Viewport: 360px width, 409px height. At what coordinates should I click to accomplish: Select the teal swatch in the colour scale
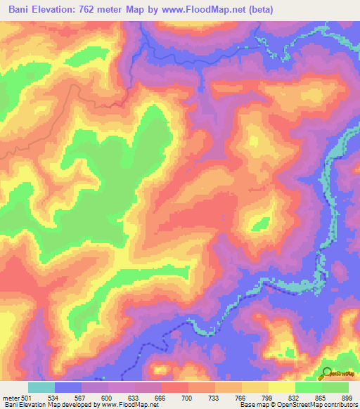41,387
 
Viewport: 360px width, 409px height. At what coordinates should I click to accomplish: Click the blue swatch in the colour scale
68,387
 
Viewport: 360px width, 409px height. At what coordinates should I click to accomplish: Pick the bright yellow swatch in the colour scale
282,387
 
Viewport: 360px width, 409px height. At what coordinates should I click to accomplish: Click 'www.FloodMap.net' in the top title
205,10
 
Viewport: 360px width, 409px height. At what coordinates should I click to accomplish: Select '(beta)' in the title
258,10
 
